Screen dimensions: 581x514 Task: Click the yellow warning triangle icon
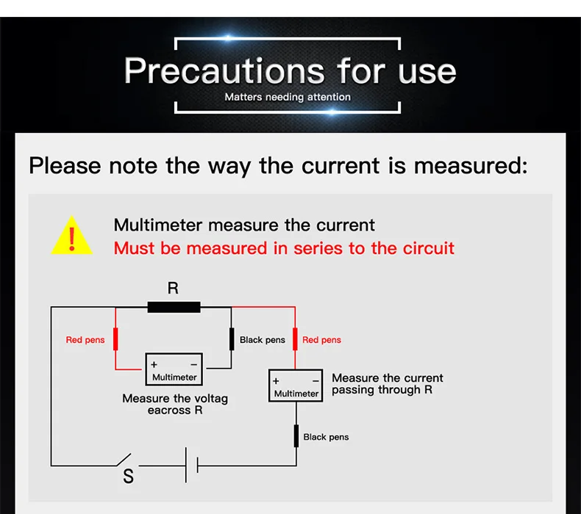pyautogui.click(x=71, y=237)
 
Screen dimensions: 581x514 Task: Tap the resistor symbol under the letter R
pyautogui.click(x=174, y=307)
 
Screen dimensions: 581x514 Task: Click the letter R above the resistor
pyautogui.click(x=173, y=288)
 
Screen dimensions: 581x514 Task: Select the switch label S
pyautogui.click(x=129, y=477)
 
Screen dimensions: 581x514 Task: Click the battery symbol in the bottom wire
pyautogui.click(x=191, y=465)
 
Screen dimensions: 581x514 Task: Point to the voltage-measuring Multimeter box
pyautogui.click(x=174, y=371)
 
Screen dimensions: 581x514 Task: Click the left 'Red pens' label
pyautogui.click(x=85, y=340)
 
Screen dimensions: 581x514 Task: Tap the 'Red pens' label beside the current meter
pyautogui.click(x=321, y=340)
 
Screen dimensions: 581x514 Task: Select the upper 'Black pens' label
pyautogui.click(x=263, y=340)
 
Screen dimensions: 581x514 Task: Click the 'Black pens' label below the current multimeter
pyautogui.click(x=326, y=437)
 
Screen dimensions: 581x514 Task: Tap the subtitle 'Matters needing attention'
pyautogui.click(x=288, y=97)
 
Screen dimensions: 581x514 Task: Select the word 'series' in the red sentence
pyautogui.click(x=318, y=248)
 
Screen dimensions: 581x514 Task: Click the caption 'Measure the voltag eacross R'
pyautogui.click(x=175, y=405)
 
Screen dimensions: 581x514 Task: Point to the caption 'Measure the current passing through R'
pyautogui.click(x=387, y=384)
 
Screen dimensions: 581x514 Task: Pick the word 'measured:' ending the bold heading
pyautogui.click(x=471, y=165)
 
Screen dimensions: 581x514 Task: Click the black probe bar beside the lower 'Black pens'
pyautogui.click(x=296, y=435)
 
